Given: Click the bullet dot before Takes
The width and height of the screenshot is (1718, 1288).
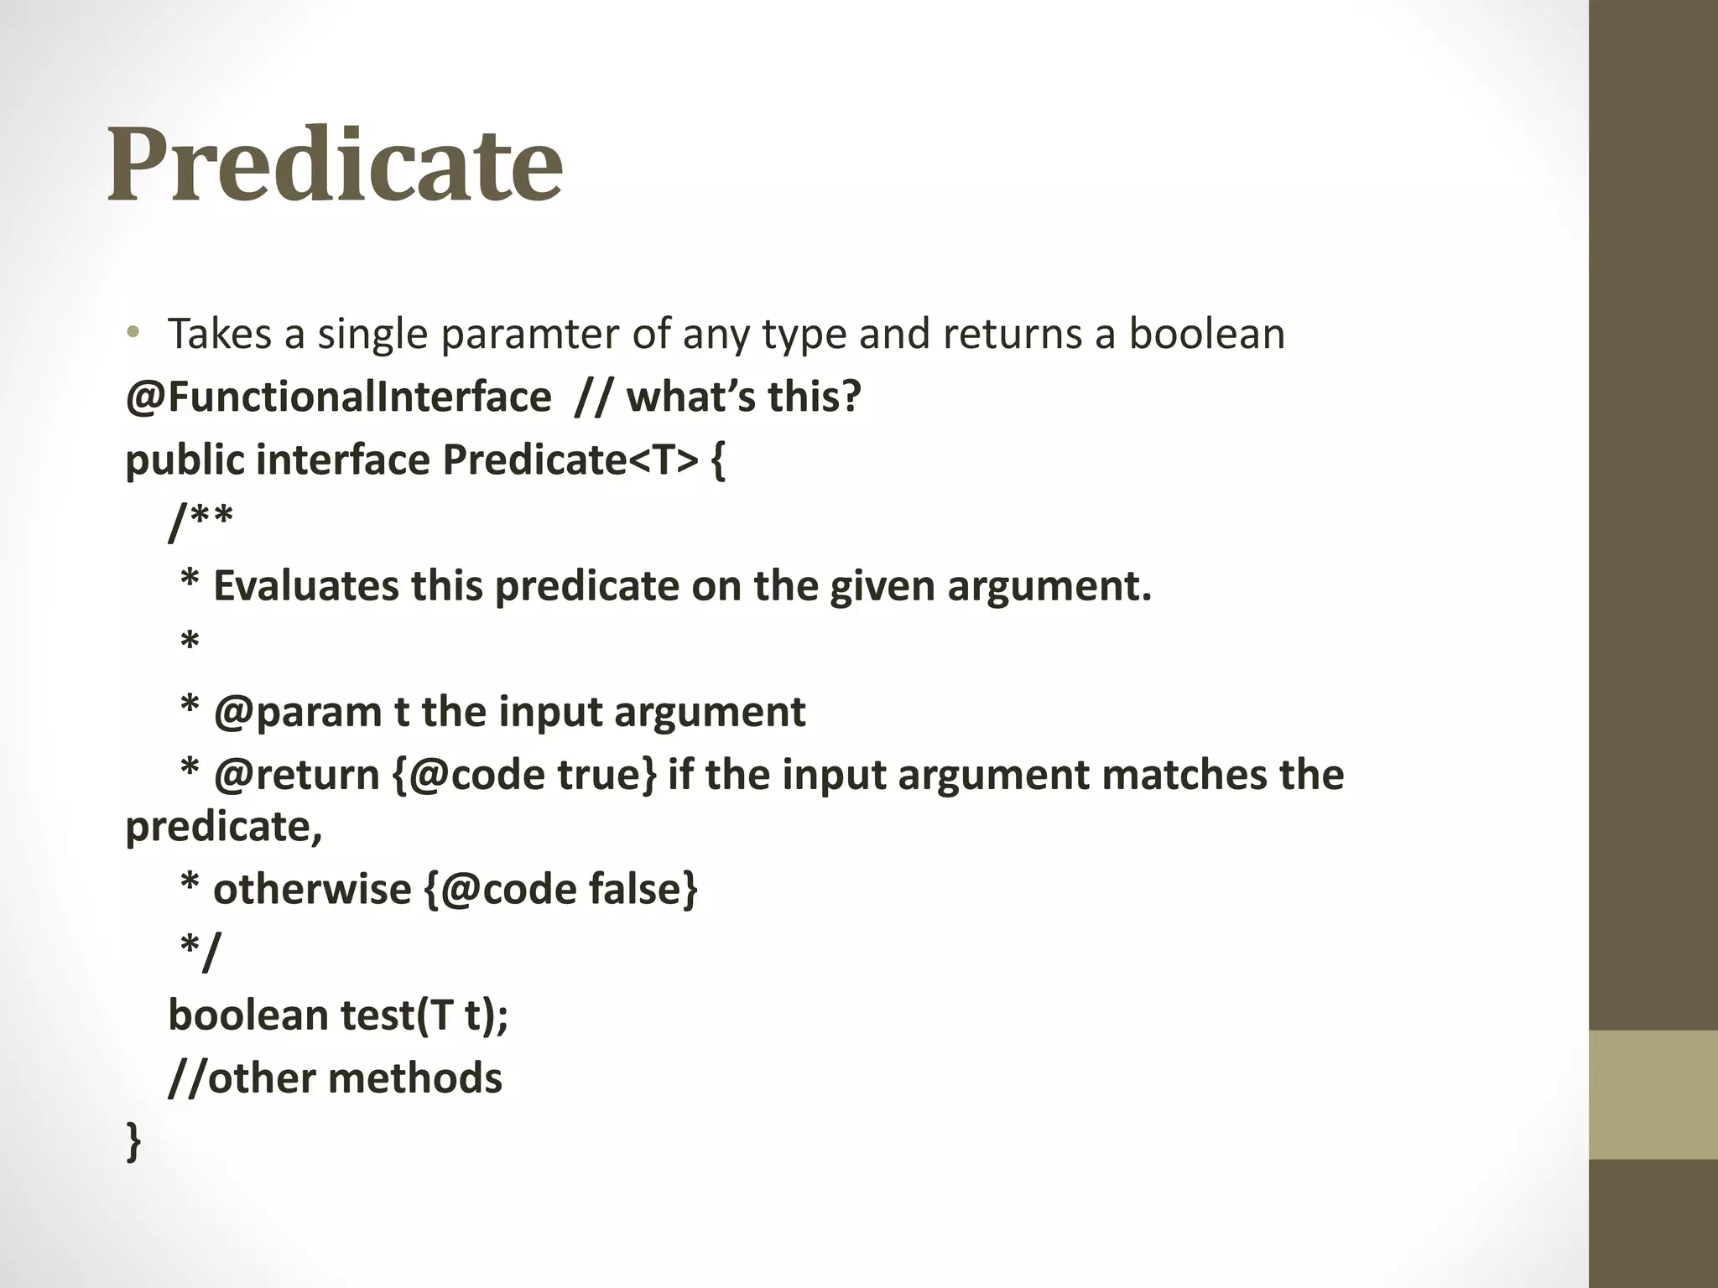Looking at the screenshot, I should (132, 335).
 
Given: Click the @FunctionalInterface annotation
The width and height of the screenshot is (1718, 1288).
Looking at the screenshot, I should (338, 397).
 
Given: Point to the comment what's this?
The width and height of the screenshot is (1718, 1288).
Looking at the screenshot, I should (743, 397).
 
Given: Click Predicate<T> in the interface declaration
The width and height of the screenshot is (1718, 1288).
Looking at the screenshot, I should (570, 460).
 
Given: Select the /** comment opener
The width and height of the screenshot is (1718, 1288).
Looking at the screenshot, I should (200, 522).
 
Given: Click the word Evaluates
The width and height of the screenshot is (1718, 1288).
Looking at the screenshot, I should (305, 585).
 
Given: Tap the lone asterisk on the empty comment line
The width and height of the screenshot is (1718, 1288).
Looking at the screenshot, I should (190, 644).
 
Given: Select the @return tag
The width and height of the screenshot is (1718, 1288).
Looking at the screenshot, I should (297, 775).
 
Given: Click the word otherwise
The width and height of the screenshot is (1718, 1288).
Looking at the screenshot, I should (312, 889).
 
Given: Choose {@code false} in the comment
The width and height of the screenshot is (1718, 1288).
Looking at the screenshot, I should (561, 889).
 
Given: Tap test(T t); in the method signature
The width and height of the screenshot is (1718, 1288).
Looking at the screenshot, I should (424, 1015).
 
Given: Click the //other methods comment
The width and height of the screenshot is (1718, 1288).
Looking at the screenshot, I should (335, 1078).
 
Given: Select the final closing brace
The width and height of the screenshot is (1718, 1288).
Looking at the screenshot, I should (133, 1142).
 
